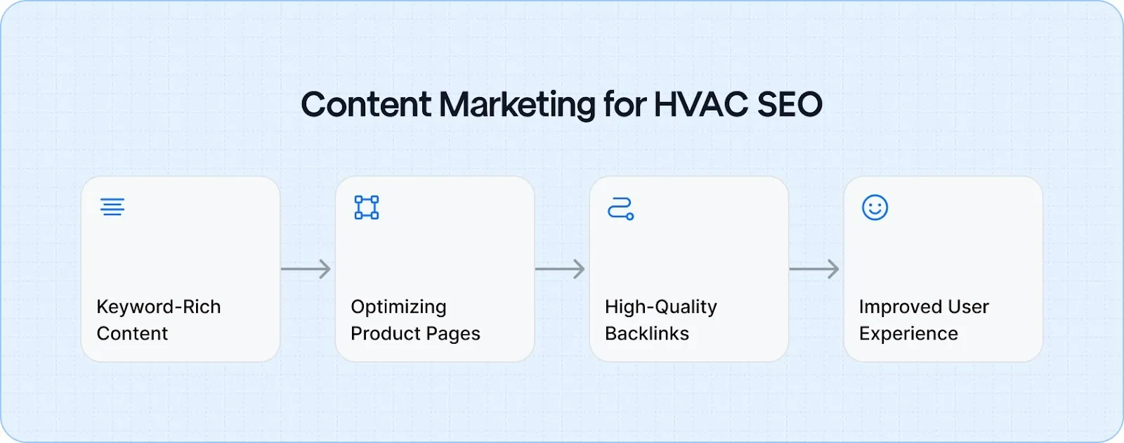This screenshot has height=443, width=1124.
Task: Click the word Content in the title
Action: (365, 105)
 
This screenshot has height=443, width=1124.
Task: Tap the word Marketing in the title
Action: (518, 105)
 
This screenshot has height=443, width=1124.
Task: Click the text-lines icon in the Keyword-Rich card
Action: (112, 207)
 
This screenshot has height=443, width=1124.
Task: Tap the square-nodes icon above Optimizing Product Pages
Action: (367, 207)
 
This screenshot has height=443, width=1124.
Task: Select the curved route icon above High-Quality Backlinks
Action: (621, 209)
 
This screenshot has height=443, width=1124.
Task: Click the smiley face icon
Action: (875, 207)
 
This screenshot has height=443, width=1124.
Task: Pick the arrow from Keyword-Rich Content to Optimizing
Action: (306, 269)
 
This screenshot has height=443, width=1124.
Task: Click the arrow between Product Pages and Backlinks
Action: (561, 269)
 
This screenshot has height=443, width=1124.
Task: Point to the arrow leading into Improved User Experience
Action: (815, 269)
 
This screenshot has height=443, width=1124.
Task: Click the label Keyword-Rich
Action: (159, 307)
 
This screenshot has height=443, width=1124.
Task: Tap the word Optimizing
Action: (398, 307)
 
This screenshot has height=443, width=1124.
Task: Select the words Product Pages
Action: (415, 333)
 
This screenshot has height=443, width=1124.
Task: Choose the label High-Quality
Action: (661, 307)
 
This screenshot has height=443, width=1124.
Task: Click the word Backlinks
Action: (647, 333)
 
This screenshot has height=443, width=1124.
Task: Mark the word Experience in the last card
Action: (908, 334)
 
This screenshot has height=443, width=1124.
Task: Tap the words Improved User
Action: (924, 307)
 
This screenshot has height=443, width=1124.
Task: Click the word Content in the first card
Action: (132, 333)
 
